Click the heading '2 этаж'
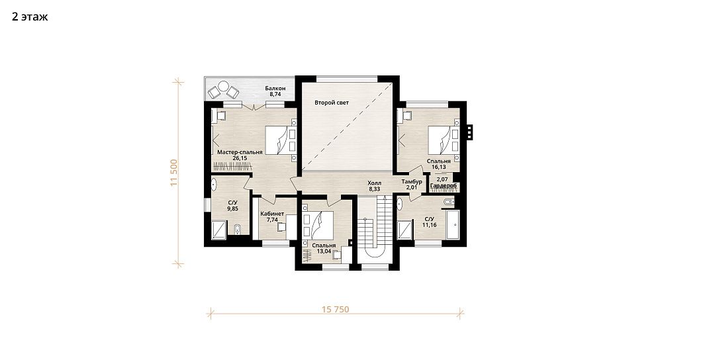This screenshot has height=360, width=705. (30, 17)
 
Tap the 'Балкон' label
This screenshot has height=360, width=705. (275, 89)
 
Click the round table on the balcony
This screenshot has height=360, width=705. (223, 86)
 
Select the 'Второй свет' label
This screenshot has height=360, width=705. (332, 103)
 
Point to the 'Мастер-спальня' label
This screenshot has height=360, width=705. (240, 152)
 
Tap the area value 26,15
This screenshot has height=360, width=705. (240, 158)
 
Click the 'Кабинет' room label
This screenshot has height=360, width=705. (272, 214)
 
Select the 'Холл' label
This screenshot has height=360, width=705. (374, 183)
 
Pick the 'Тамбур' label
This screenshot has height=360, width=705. (412, 181)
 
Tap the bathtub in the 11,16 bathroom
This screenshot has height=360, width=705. (453, 225)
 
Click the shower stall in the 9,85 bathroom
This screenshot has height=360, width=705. (219, 230)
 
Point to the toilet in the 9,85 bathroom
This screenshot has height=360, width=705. (238, 230)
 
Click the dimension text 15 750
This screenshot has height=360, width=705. (336, 309)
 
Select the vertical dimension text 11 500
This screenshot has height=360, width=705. (175, 173)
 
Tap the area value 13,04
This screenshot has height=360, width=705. (324, 251)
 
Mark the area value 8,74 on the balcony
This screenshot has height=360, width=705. (275, 95)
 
